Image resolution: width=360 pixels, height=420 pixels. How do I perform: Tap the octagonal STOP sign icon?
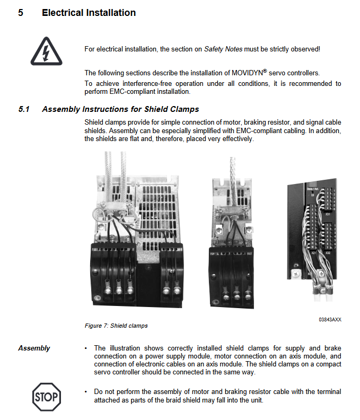(47, 396)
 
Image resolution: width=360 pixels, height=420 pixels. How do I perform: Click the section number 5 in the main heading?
(21, 13)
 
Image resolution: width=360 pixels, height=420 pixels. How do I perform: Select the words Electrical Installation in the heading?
(89, 13)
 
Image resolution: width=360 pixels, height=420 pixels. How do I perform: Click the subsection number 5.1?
(24, 109)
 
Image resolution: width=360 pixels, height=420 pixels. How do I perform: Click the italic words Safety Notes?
(223, 49)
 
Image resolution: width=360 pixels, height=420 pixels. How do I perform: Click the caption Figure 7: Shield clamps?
(116, 326)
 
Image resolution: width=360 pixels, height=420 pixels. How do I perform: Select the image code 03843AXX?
(330, 320)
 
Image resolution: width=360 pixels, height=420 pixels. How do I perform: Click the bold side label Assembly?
(34, 348)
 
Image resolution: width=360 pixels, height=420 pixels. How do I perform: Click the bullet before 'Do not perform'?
(86, 392)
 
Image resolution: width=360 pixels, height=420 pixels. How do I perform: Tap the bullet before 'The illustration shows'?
(86, 348)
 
